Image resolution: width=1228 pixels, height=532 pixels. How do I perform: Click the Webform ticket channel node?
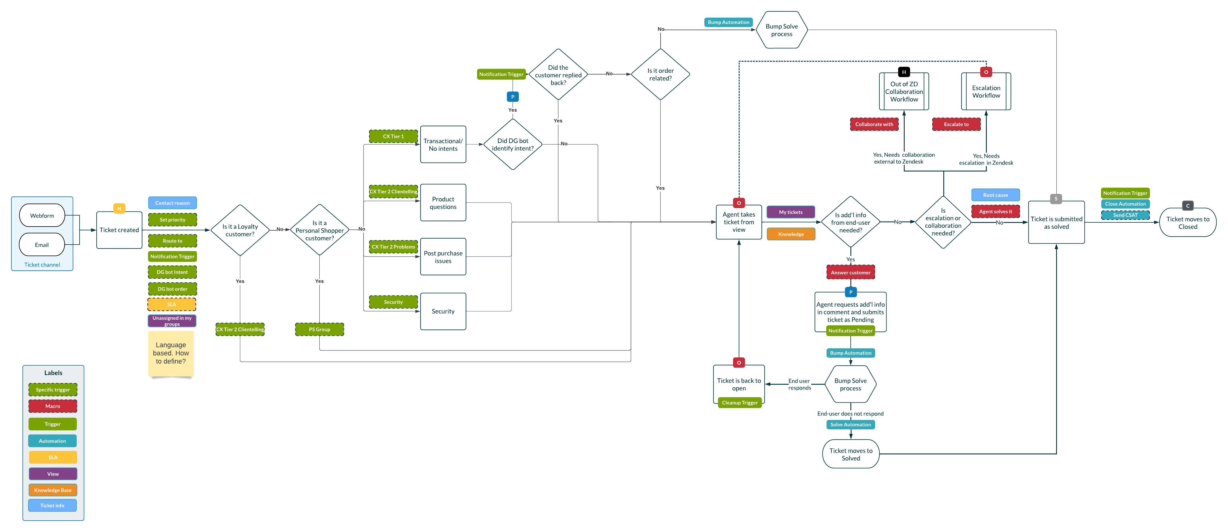pyautogui.click(x=42, y=216)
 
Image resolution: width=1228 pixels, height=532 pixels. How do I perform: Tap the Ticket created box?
pyautogui.click(x=119, y=230)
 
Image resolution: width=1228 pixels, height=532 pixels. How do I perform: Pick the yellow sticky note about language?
pyautogui.click(x=171, y=353)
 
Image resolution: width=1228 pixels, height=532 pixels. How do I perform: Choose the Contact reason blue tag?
pyautogui.click(x=172, y=203)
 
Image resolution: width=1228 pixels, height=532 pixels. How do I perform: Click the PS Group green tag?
pyautogui.click(x=319, y=329)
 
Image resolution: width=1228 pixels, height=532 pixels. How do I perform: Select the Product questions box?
pyautogui.click(x=443, y=203)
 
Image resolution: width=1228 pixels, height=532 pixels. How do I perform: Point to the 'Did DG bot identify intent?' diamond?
pyautogui.click(x=513, y=144)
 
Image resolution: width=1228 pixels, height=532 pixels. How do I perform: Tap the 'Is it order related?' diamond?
pyautogui.click(x=660, y=74)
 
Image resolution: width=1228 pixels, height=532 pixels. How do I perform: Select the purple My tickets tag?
pyautogui.click(x=790, y=212)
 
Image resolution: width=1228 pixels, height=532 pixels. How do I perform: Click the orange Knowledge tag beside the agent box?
pyautogui.click(x=791, y=234)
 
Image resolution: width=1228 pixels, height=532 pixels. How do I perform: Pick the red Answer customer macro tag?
pyautogui.click(x=850, y=272)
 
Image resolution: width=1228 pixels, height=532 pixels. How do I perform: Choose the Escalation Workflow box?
pyautogui.click(x=986, y=92)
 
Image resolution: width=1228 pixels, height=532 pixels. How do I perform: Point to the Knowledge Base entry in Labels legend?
pyautogui.click(x=53, y=490)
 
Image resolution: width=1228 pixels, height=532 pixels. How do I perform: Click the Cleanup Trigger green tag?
pyautogui.click(x=739, y=403)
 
